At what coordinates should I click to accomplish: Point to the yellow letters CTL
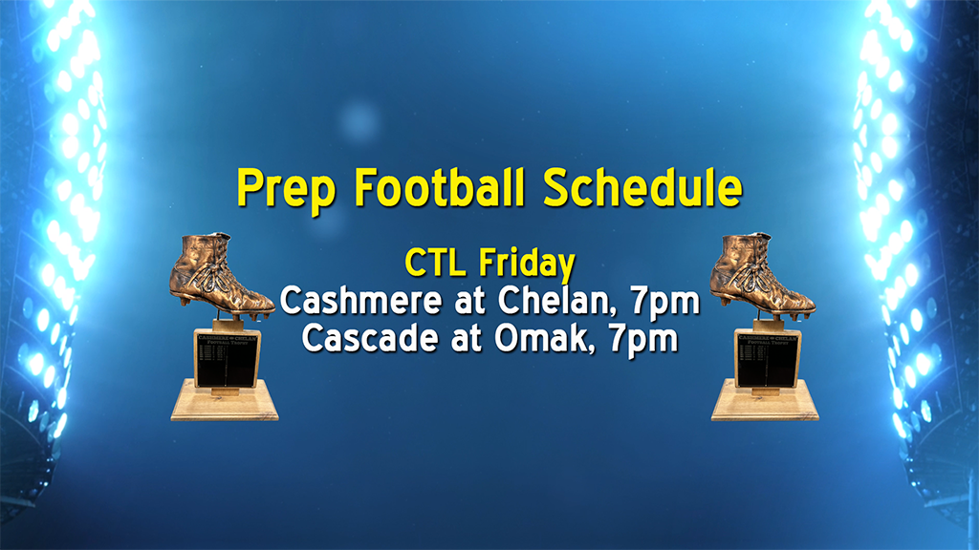click(x=437, y=263)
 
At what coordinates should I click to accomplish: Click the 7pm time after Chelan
click(x=665, y=303)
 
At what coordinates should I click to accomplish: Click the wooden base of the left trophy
click(x=225, y=402)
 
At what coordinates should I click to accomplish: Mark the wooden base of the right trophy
click(x=766, y=402)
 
